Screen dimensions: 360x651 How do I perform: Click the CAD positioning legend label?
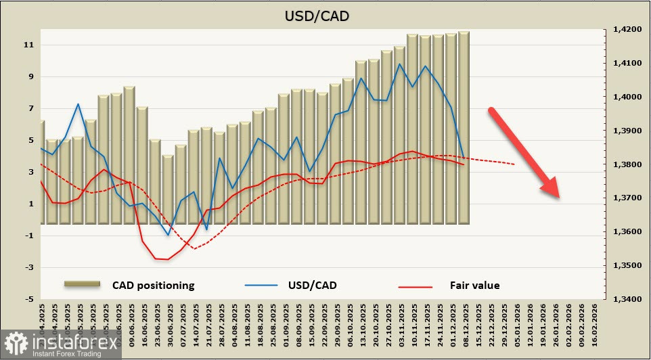(153, 285)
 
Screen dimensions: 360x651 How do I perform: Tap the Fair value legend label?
(474, 285)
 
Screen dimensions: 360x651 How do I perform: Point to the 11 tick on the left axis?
(29, 45)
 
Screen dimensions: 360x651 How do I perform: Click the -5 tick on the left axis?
(29, 299)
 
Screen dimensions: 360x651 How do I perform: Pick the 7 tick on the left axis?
(29, 109)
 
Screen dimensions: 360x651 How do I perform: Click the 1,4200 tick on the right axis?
(624, 30)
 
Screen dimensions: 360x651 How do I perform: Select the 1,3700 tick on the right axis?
(624, 198)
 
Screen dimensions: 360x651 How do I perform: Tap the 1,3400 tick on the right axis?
(624, 299)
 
